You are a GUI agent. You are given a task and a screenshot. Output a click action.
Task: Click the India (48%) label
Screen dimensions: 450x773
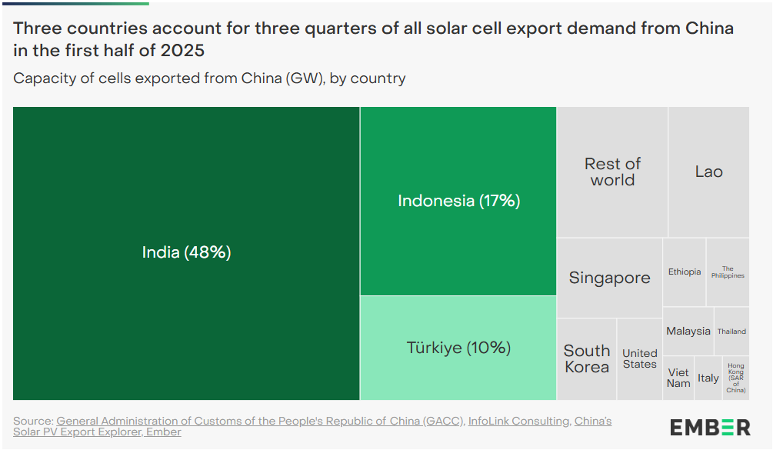pos(186,252)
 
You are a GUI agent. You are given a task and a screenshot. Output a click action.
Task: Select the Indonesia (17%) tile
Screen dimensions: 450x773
pos(458,201)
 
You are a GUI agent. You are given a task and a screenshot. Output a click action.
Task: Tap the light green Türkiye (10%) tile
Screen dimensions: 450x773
pos(458,348)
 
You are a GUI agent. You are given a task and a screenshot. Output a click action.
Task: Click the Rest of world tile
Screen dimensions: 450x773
pos(612,172)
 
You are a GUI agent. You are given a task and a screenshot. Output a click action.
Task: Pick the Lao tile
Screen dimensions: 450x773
pos(708,172)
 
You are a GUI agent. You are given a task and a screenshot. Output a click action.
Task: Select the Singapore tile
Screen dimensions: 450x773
pos(609,278)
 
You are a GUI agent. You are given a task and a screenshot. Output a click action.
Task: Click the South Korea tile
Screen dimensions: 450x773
pos(587,359)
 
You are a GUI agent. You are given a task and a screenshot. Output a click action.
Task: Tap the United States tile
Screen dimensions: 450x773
pos(639,359)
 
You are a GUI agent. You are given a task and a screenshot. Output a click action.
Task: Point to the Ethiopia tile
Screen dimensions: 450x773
pos(684,272)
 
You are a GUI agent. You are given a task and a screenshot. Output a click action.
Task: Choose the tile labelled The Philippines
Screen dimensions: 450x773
pos(728,272)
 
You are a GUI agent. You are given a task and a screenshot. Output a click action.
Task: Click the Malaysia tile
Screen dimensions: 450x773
pos(688,331)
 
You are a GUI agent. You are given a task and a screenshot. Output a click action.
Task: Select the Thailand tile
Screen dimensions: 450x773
pos(731,332)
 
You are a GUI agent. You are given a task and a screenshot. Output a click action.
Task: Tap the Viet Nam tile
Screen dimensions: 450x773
pos(678,378)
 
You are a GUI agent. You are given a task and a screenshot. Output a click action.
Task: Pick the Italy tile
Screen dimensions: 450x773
pos(708,378)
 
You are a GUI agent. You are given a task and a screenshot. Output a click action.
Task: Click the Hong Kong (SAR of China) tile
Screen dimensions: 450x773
pos(736,378)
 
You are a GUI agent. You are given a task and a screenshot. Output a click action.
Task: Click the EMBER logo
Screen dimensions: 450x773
pos(710,427)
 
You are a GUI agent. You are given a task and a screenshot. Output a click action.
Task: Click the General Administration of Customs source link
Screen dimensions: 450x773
pos(260,421)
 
